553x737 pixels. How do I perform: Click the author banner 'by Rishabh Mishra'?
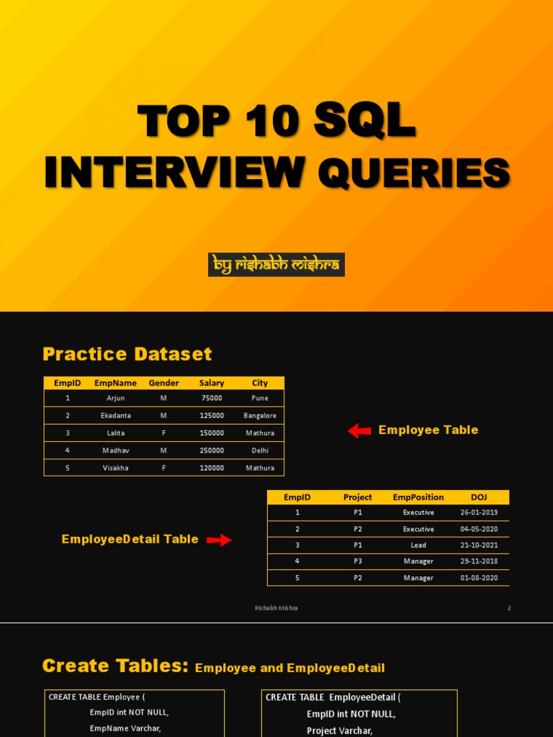click(276, 265)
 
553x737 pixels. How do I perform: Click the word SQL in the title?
click(364, 120)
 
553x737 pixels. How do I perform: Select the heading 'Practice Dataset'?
click(127, 354)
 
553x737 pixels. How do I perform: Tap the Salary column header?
click(212, 383)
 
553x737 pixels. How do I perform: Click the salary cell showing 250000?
click(212, 451)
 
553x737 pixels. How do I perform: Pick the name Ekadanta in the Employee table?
click(115, 415)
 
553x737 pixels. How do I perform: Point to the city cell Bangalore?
click(260, 415)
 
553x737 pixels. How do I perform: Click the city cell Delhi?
click(260, 451)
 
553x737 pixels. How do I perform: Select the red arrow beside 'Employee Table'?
click(359, 430)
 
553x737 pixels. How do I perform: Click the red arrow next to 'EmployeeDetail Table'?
click(220, 540)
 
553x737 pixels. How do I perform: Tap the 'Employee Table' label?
click(428, 430)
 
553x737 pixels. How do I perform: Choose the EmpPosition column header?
click(418, 497)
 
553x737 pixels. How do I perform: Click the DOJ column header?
click(479, 497)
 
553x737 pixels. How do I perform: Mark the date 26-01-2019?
click(479, 512)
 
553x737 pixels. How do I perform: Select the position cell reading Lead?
click(418, 545)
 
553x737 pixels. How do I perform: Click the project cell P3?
click(358, 561)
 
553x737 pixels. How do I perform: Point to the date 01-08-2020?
click(479, 578)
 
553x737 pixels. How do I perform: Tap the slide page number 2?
click(509, 608)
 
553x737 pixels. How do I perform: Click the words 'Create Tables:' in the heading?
click(116, 666)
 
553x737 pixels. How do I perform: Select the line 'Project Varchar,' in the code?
click(339, 731)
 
